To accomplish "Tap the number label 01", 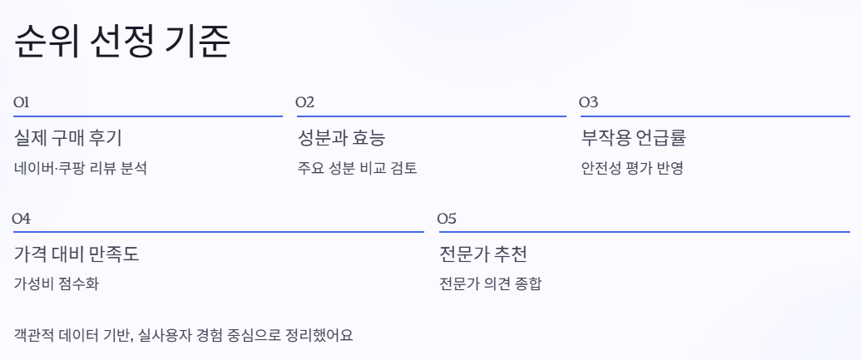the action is pyautogui.click(x=22, y=102).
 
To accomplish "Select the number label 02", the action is pyautogui.click(x=305, y=102).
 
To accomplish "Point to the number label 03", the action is pyautogui.click(x=588, y=102).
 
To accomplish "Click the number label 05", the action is pyautogui.click(x=447, y=219).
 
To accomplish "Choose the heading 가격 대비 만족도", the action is pyautogui.click(x=77, y=254).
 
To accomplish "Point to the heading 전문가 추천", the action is pyautogui.click(x=482, y=254).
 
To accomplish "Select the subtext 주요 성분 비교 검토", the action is pyautogui.click(x=357, y=168).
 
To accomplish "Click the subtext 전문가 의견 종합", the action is pyautogui.click(x=492, y=284).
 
